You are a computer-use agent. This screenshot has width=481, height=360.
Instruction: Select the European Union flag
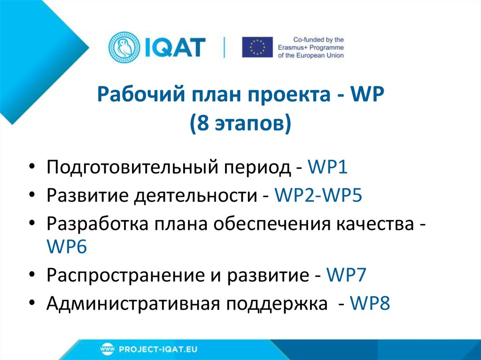coord(257,47)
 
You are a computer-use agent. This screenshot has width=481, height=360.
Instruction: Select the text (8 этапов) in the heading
coord(240,124)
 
